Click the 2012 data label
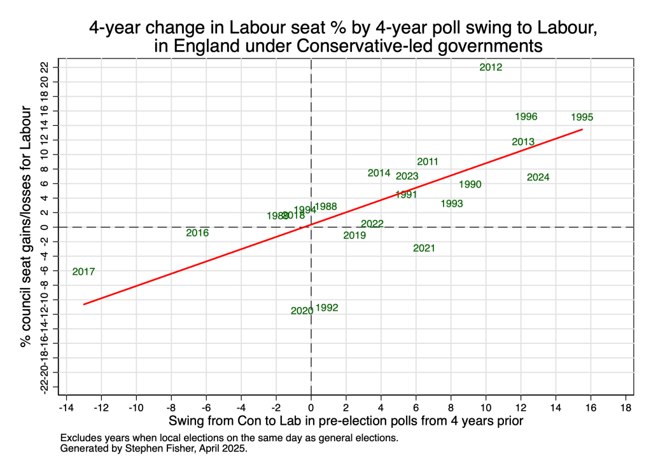(x=491, y=67)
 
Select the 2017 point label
(x=83, y=272)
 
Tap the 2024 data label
(x=538, y=177)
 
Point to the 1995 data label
(x=582, y=118)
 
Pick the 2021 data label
(x=424, y=249)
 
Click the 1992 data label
(x=326, y=308)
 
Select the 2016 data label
(x=197, y=233)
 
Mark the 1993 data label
(x=451, y=204)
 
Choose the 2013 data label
(x=523, y=142)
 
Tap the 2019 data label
(x=354, y=236)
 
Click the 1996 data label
(x=526, y=117)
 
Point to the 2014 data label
(x=379, y=173)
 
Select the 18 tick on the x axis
(x=626, y=407)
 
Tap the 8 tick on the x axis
(x=451, y=407)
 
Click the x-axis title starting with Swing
(x=346, y=422)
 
